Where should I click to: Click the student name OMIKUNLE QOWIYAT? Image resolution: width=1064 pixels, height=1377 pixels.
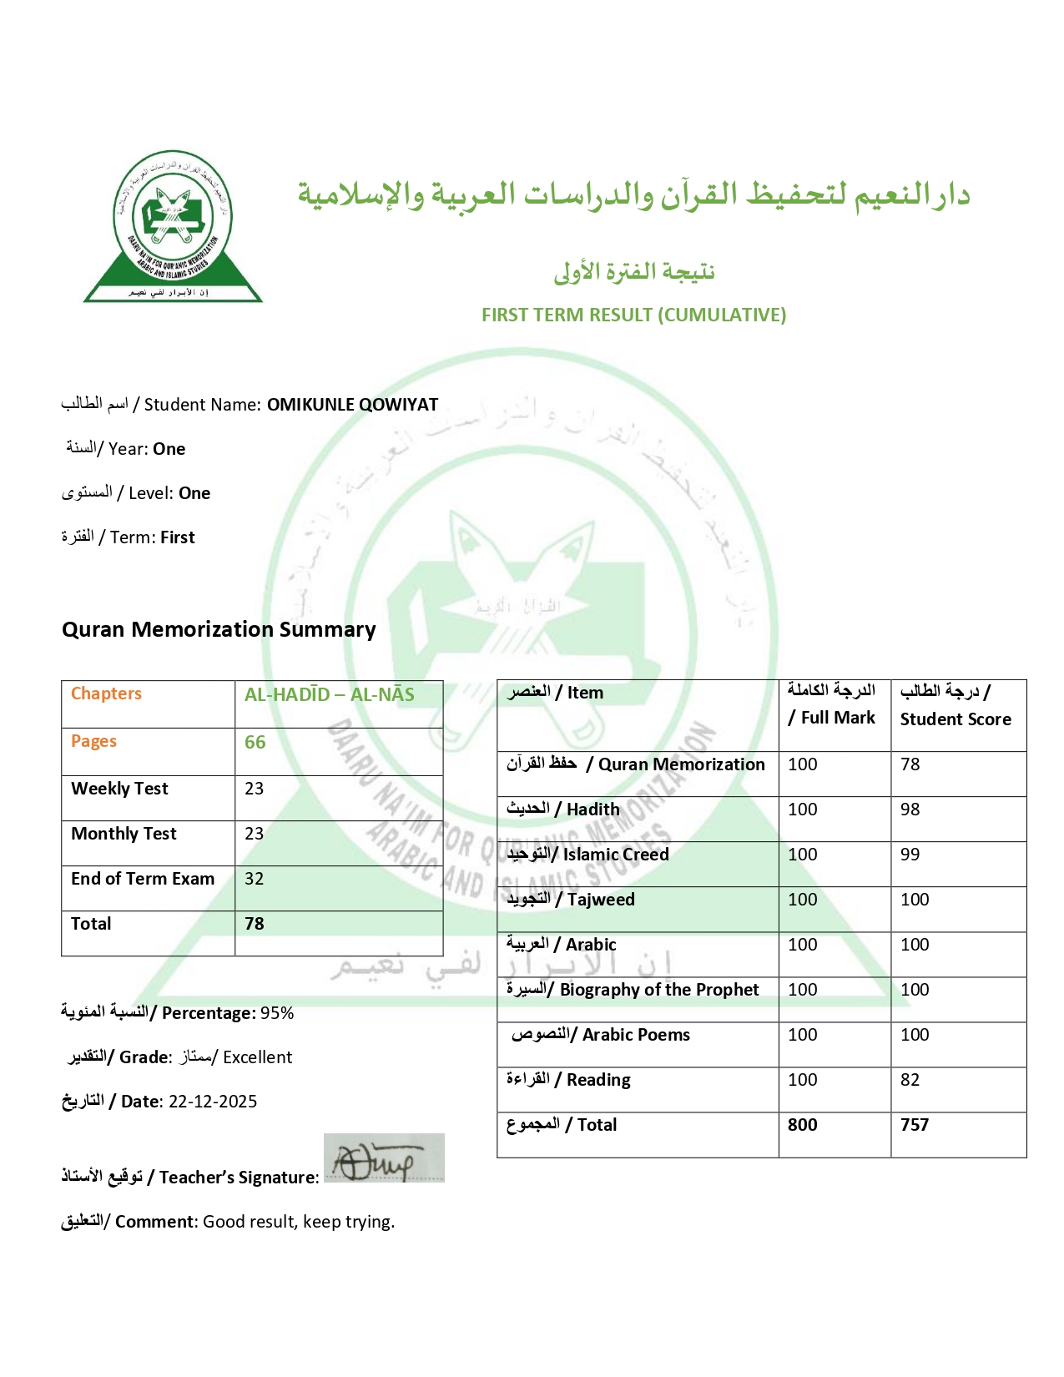[352, 405]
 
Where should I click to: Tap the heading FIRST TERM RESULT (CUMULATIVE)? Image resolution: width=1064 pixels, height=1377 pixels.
[633, 315]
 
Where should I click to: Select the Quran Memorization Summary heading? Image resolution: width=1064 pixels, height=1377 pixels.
[219, 629]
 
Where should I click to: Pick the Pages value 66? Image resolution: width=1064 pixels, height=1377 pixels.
[255, 742]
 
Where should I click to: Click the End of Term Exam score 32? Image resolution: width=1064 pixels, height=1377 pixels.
[254, 879]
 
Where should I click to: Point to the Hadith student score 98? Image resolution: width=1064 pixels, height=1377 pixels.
[910, 810]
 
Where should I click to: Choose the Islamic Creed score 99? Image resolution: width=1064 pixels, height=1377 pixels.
[910, 855]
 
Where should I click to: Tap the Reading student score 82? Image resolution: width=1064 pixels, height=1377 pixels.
[910, 1080]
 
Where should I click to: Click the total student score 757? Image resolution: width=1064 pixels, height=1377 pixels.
[915, 1125]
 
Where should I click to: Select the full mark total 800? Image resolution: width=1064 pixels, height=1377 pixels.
[802, 1125]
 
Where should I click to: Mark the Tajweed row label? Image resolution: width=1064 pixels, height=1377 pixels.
[571, 900]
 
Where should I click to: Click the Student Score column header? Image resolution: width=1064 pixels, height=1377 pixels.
[955, 705]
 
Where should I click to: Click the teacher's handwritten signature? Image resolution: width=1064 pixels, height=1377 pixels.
[383, 1158]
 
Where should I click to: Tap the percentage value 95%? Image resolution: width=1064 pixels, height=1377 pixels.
[277, 1013]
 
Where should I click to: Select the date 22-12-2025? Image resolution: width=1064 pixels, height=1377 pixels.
[213, 1102]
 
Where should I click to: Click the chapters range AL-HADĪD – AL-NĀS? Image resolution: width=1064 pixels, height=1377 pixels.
[329, 694]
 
